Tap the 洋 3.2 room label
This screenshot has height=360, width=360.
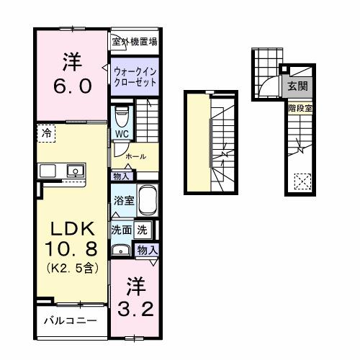(x=134, y=297)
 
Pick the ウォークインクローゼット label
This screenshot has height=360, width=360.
(x=135, y=76)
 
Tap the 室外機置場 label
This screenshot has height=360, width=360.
(x=135, y=42)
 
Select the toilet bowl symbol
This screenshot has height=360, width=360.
(x=121, y=114)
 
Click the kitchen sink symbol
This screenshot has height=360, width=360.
(x=73, y=171)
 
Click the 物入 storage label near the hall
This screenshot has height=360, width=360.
(x=121, y=176)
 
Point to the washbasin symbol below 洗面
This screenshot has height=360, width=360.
(x=120, y=250)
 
